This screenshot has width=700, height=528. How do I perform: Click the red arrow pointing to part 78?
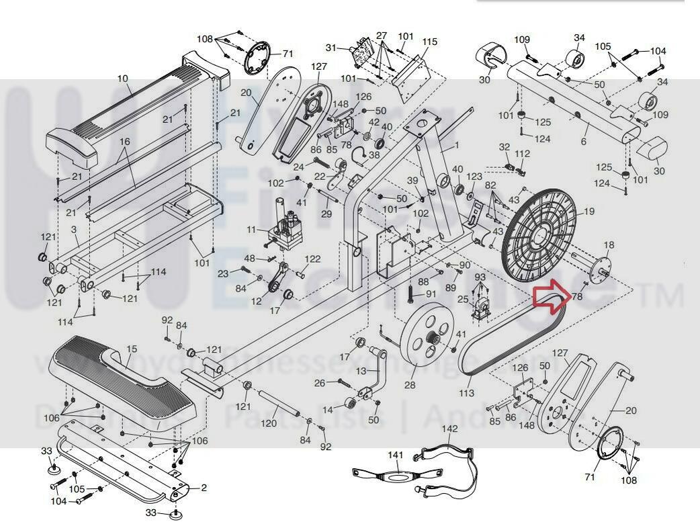550,297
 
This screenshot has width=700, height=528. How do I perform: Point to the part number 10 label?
122,79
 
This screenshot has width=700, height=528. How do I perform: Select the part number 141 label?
395,455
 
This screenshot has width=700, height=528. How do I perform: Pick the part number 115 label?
429,42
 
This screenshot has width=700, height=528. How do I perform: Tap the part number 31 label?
331,48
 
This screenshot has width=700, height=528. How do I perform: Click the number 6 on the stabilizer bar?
584,142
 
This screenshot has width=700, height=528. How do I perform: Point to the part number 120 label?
269,423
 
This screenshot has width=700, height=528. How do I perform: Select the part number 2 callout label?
204,488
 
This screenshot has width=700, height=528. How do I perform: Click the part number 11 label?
251,230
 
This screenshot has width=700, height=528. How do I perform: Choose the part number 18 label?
609,245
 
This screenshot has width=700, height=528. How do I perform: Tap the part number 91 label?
431,294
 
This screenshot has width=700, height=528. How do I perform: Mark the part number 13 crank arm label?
361,371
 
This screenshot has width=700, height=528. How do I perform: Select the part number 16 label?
124,142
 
